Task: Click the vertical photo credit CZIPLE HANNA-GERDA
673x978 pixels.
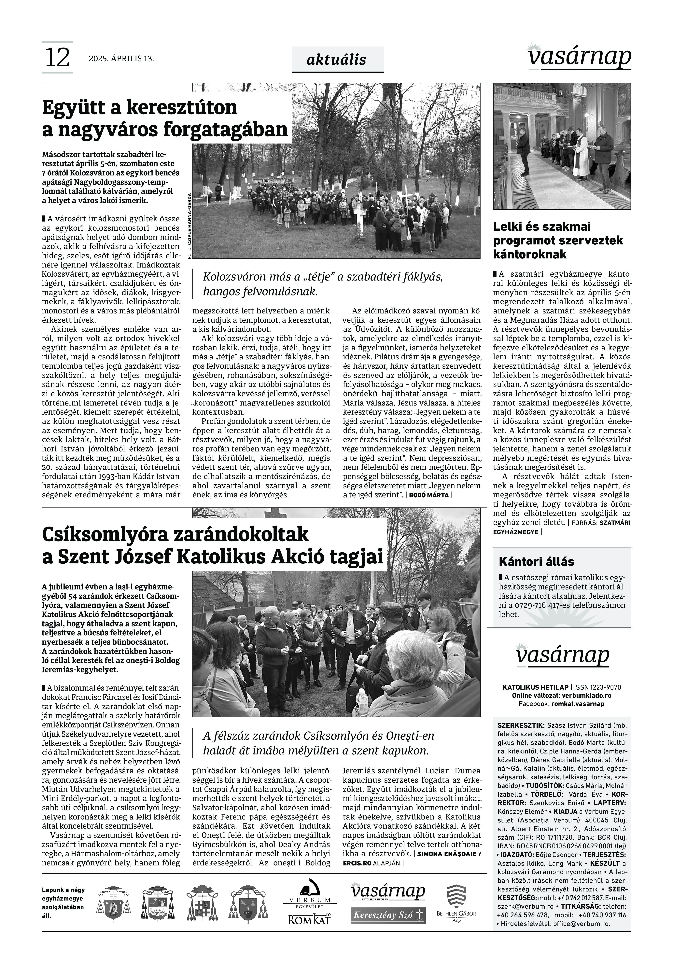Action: coord(189,226)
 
